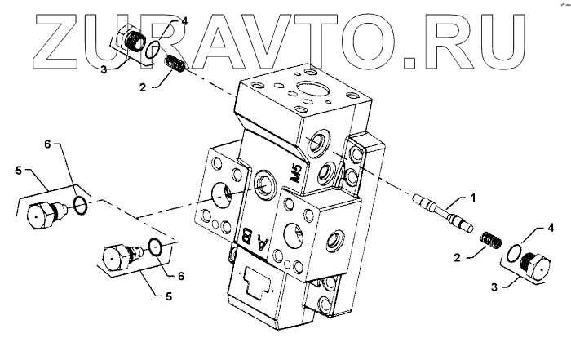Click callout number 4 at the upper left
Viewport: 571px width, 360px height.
[x=184, y=20]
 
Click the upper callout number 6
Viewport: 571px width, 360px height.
[x=48, y=144]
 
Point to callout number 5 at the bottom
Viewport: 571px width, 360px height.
[x=168, y=297]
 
